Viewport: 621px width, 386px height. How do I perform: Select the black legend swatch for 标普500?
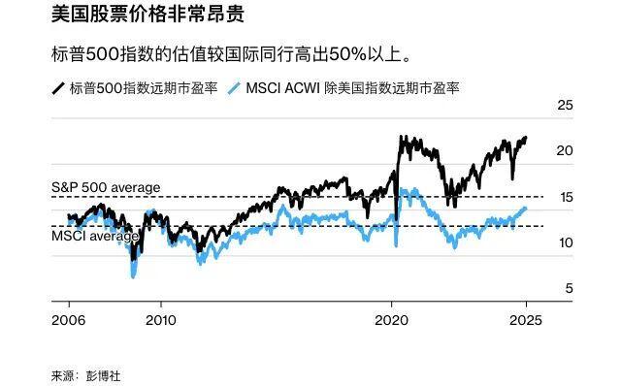point(59,89)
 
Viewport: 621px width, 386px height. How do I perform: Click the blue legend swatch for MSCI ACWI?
point(233,89)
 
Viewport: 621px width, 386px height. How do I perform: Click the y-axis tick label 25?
point(565,105)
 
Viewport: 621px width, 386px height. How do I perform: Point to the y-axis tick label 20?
point(565,150)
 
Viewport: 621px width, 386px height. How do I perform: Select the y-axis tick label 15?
point(565,197)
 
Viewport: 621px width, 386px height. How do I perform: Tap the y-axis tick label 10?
point(565,242)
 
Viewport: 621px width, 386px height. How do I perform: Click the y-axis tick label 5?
point(569,288)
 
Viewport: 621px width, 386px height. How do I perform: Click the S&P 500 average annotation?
point(106,187)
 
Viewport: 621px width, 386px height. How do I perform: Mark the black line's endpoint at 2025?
point(526,138)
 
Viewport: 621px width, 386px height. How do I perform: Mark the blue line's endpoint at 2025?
point(526,208)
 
